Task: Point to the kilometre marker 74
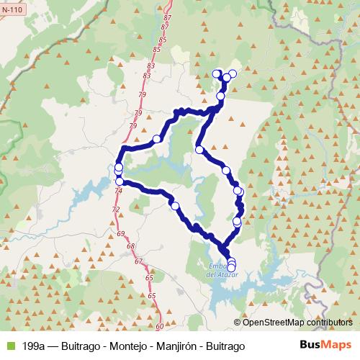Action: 118,190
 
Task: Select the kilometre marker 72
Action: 115,208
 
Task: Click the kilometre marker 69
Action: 120,234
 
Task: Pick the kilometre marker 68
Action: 130,246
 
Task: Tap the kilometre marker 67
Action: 139,261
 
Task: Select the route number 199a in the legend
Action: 36,346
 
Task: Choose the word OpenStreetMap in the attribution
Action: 275,323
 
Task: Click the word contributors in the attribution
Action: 329,323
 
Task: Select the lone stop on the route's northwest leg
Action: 156,138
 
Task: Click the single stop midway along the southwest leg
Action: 174,205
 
